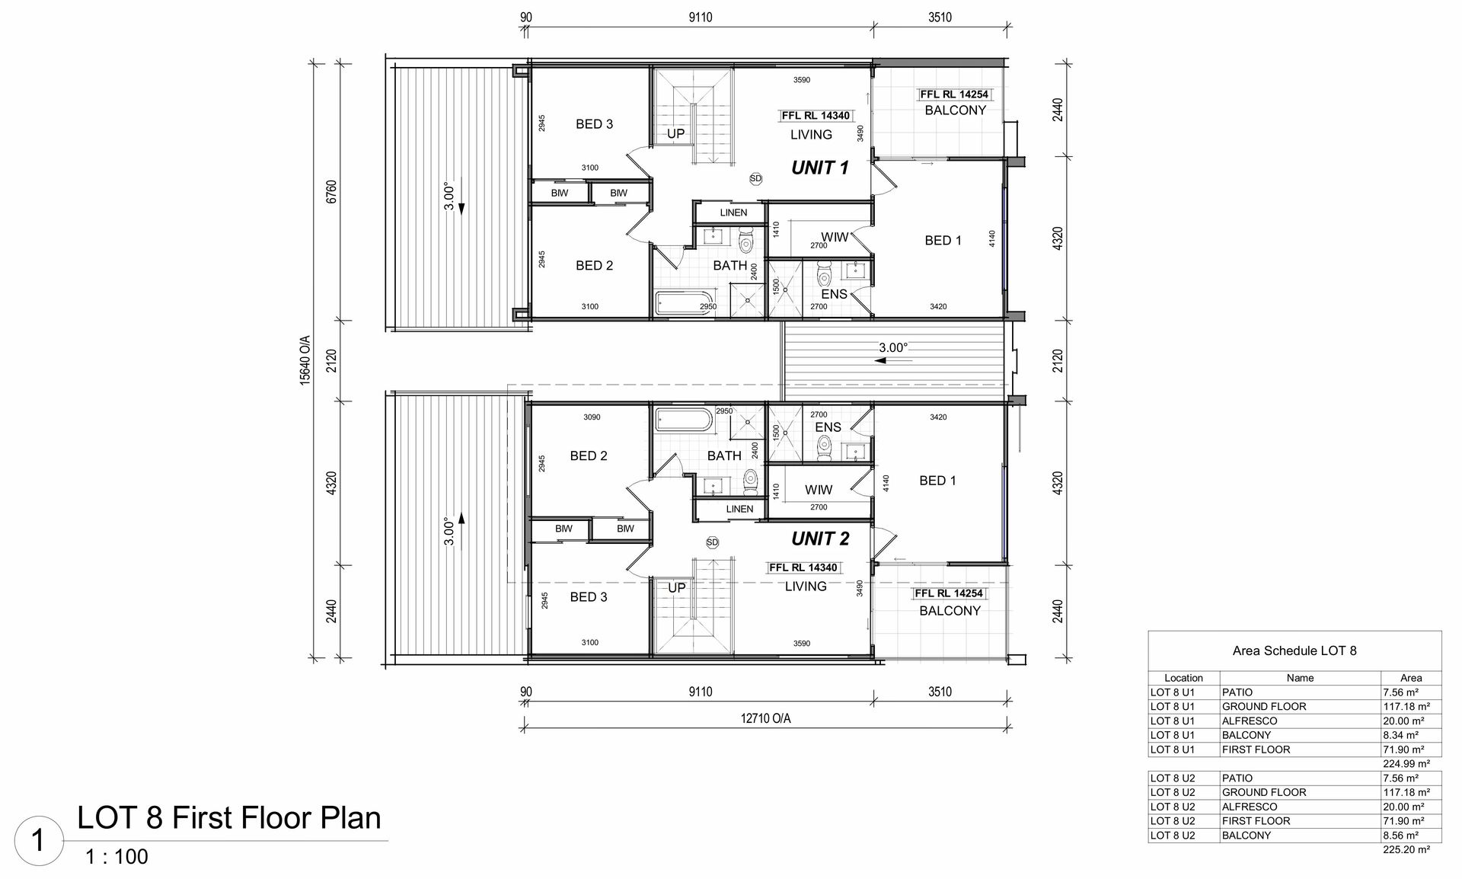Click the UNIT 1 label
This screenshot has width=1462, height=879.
[819, 168]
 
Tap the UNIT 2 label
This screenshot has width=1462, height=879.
[819, 539]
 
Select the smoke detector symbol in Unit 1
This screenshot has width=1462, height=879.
[755, 178]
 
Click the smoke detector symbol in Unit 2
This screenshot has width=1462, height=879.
[712, 542]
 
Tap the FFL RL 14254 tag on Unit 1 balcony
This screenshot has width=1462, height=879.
[954, 94]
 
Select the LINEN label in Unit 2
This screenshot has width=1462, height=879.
[739, 509]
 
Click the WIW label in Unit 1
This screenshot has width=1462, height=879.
[835, 237]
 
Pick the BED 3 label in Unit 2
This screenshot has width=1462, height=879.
[589, 597]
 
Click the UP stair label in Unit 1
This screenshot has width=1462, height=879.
[675, 134]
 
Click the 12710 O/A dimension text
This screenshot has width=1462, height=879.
[765, 718]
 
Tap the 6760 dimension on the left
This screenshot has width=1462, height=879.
[330, 192]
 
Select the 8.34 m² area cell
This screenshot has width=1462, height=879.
[1400, 735]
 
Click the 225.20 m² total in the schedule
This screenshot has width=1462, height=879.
[1406, 849]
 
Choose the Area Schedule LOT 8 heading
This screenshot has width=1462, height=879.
[1294, 650]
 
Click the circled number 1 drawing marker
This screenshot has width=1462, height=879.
[38, 841]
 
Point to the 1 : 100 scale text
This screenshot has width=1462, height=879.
[117, 857]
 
